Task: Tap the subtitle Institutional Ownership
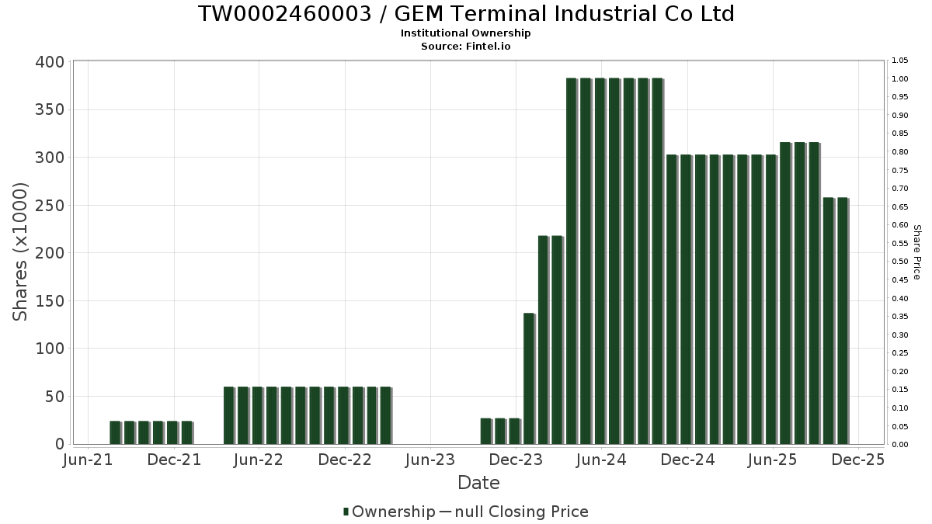(x=466, y=33)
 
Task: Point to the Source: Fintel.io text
(x=466, y=46)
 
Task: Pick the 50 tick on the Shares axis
(x=54, y=397)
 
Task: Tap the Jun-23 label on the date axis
(x=429, y=460)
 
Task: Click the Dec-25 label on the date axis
(x=857, y=460)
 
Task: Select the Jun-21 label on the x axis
(x=88, y=460)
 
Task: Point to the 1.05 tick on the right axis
(x=900, y=61)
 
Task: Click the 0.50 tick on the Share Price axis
(x=900, y=262)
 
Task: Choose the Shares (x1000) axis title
(x=21, y=252)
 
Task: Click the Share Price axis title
(x=916, y=252)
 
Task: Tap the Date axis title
(x=478, y=483)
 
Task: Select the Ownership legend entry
(x=389, y=512)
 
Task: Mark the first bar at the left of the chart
(x=115, y=432)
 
